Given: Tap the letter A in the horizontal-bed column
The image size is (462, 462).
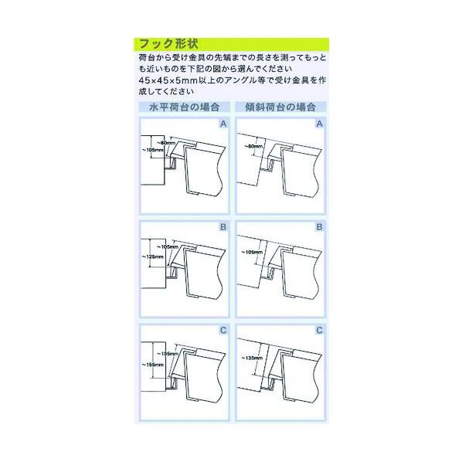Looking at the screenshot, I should (x=223, y=124).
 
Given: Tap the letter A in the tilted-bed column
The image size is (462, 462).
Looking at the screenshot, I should (x=319, y=124).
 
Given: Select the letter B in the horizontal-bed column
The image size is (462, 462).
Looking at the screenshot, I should (x=223, y=228).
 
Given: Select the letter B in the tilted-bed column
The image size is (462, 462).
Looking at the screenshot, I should (x=319, y=228).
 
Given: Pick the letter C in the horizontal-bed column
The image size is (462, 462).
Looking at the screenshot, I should (x=223, y=331).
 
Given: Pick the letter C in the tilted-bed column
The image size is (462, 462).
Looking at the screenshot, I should (x=319, y=331).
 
